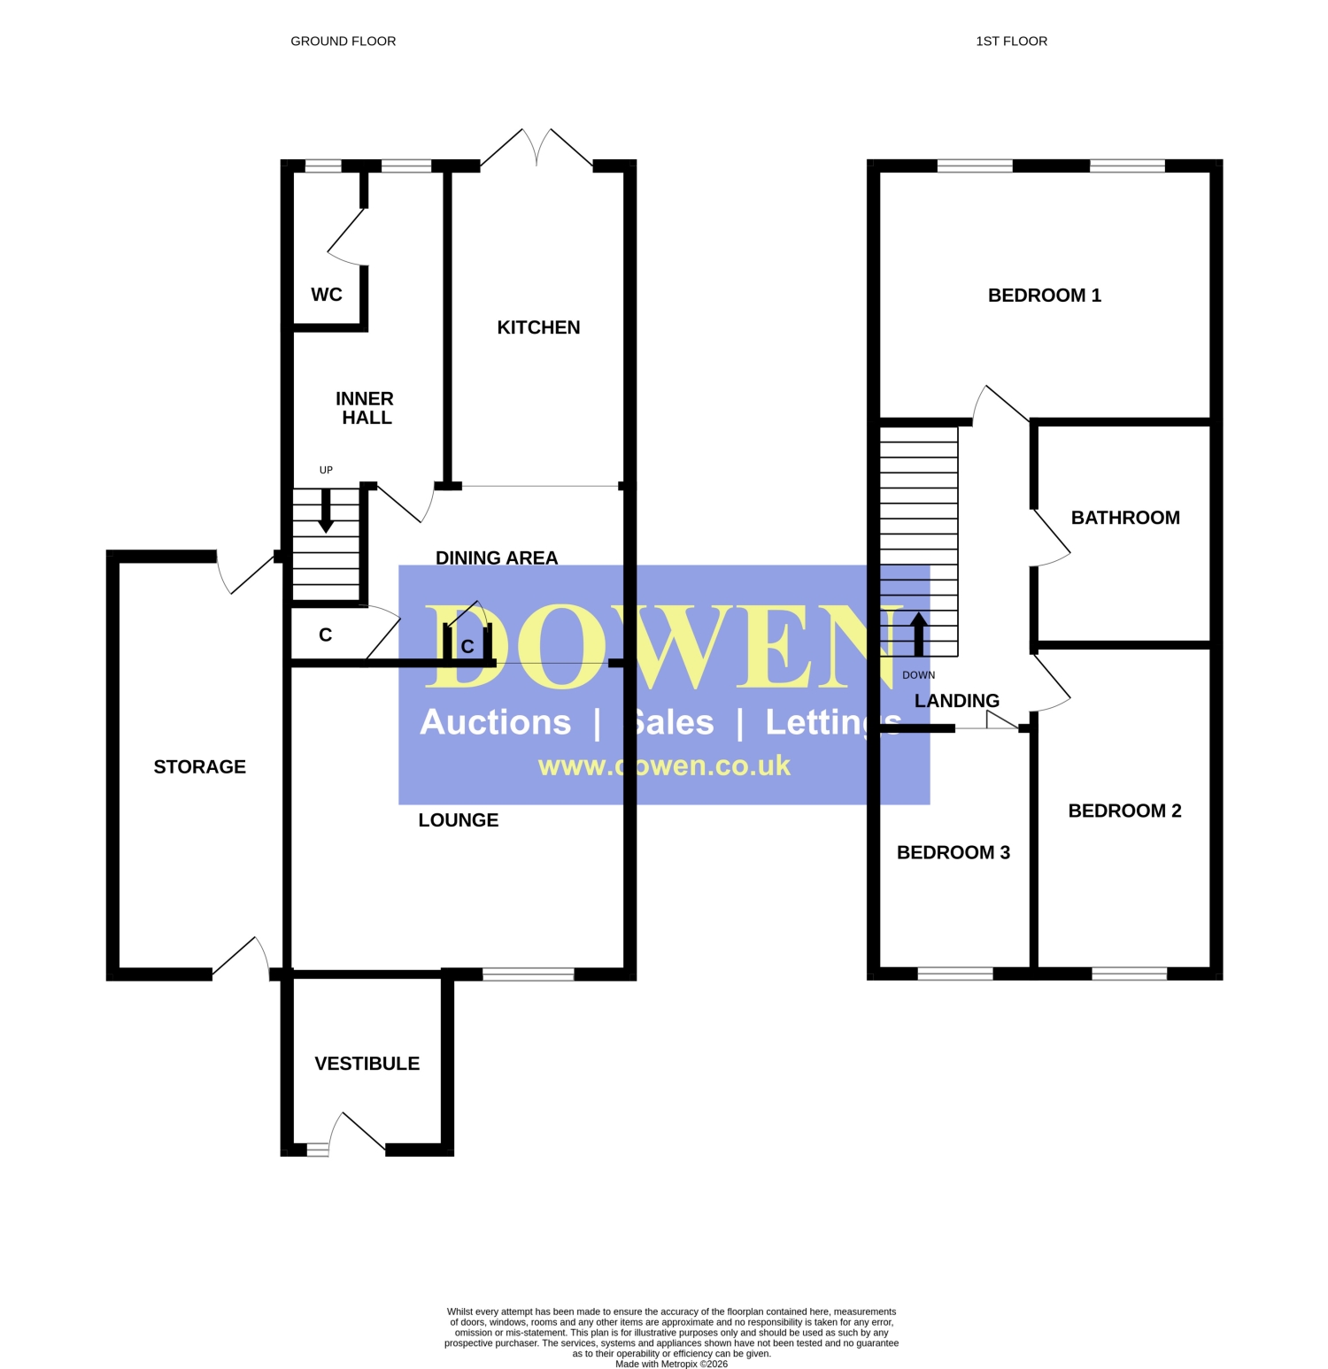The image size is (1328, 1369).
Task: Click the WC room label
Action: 327,295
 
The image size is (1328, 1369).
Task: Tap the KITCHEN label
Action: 538,327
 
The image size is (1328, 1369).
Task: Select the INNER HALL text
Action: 365,408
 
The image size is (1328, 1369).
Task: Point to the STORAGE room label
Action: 200,766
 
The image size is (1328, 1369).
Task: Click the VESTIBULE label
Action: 367,1064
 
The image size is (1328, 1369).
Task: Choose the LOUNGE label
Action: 459,820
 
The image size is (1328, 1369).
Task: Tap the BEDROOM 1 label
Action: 1045,296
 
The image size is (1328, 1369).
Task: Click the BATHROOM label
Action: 1125,518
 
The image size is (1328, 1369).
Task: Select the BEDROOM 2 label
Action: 1125,811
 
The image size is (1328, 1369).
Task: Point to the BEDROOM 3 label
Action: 954,852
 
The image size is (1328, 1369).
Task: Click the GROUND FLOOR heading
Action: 344,41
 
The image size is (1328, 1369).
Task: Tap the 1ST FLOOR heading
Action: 1012,41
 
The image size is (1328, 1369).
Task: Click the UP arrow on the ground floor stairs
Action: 326,511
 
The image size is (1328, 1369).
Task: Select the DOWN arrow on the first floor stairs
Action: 918,635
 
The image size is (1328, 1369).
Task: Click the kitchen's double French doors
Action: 537,148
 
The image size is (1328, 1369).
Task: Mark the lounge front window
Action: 529,974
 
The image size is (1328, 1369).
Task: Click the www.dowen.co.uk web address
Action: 664,765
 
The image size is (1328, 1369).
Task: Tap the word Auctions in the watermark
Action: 496,722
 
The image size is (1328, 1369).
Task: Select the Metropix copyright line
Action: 671,1364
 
